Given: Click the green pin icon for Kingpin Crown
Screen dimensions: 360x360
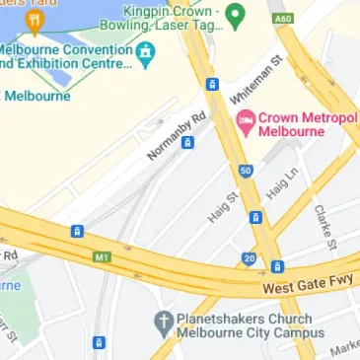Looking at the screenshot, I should [x=235, y=15].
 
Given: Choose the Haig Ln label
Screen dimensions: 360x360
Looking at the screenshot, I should [x=282, y=185].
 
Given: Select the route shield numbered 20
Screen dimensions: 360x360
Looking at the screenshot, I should [x=250, y=258].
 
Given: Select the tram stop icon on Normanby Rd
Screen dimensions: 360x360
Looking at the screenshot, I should [x=187, y=142].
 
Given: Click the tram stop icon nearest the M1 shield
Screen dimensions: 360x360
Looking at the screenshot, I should [x=77, y=231].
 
